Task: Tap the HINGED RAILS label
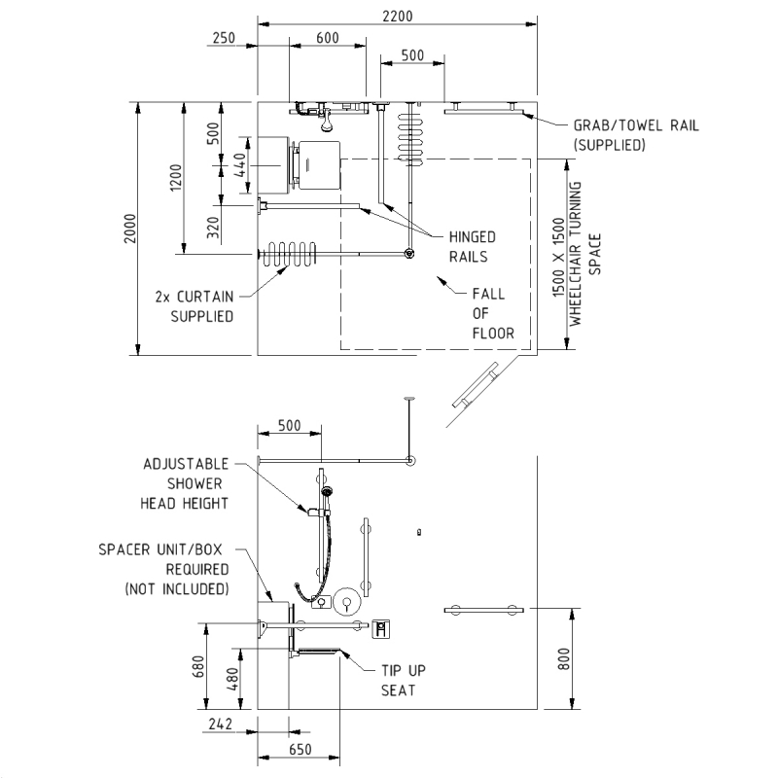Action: (472, 247)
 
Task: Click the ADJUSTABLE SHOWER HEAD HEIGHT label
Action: (185, 483)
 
